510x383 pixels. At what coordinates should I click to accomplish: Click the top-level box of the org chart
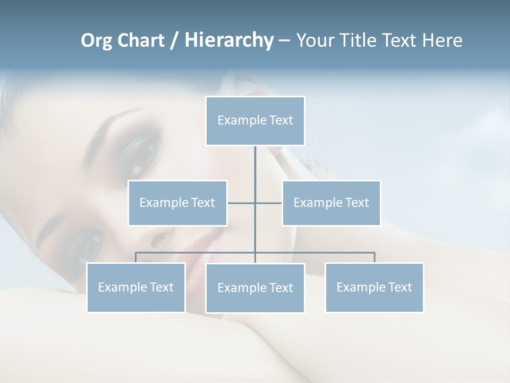(255, 121)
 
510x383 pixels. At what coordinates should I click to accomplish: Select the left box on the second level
(177, 203)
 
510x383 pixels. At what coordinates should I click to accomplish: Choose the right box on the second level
(331, 203)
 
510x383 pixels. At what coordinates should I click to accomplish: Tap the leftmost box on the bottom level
(136, 287)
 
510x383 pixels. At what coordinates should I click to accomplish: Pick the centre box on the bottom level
(255, 288)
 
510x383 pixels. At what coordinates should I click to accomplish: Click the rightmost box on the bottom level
(374, 287)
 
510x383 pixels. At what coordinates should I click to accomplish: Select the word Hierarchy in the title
(228, 40)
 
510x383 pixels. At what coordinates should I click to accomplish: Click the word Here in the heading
(442, 40)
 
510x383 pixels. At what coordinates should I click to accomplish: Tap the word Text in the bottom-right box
(399, 287)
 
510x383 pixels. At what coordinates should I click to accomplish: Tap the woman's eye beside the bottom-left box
(85, 246)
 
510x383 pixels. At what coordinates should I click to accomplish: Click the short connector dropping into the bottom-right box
(375, 257)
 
